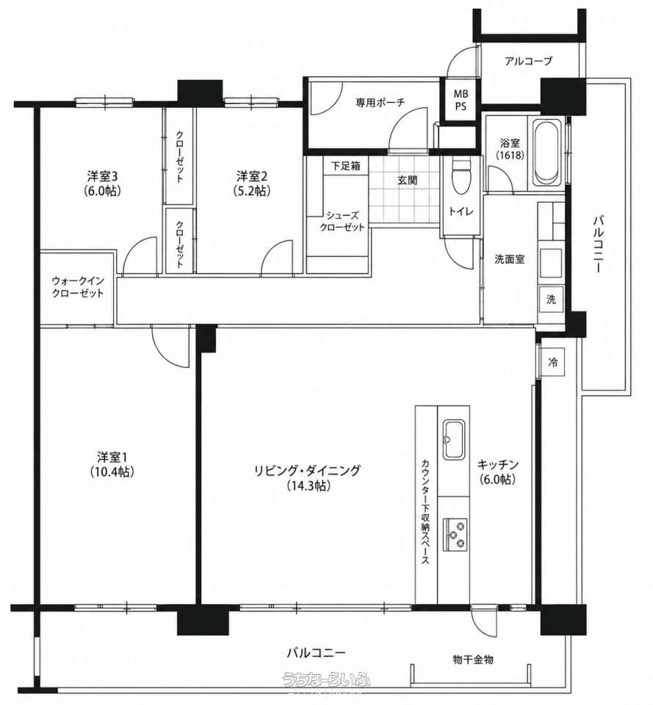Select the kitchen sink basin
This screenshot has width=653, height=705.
point(454,440)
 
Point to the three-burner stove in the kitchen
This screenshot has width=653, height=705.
point(455,534)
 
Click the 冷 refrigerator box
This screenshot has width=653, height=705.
point(552,361)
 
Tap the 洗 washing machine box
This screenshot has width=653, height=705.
point(551,299)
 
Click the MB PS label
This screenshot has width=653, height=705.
point(460,100)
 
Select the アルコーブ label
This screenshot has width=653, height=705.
point(528,61)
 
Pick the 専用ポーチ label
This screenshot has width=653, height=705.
point(380,103)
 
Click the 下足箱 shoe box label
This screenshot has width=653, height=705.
point(345,165)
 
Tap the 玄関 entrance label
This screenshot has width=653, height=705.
point(407,181)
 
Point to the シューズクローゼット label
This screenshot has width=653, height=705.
point(342,221)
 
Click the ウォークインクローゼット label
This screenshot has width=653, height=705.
point(78,287)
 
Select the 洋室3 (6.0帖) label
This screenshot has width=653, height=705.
point(102,183)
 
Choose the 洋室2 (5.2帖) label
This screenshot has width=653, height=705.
point(252,183)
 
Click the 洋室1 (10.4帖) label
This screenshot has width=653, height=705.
point(112,464)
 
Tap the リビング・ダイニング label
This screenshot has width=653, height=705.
point(308,471)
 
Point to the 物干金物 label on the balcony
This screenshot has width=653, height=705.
point(472,659)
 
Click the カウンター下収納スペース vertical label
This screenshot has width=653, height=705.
point(425,512)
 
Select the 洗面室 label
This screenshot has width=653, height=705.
point(510,259)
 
